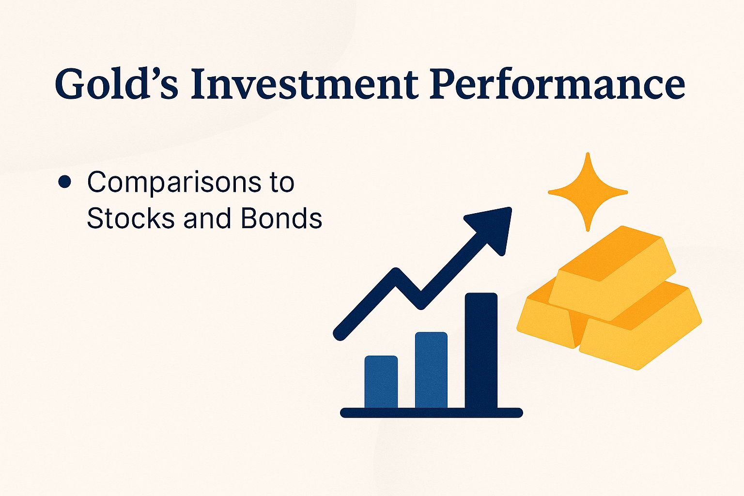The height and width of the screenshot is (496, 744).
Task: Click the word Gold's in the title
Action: (116, 83)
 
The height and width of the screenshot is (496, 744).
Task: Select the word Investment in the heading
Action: (304, 83)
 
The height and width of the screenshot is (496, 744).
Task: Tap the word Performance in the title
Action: (557, 83)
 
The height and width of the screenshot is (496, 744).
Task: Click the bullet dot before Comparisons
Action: (64, 182)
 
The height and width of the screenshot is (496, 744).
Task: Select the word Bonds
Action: (281, 218)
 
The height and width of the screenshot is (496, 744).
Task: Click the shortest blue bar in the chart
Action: (381, 383)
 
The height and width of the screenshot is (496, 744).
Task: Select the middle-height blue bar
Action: (431, 371)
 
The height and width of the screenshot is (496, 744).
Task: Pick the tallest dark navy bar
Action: (481, 351)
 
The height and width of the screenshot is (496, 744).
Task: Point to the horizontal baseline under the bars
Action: (431, 413)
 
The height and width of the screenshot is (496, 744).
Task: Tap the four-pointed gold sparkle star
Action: (588, 192)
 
